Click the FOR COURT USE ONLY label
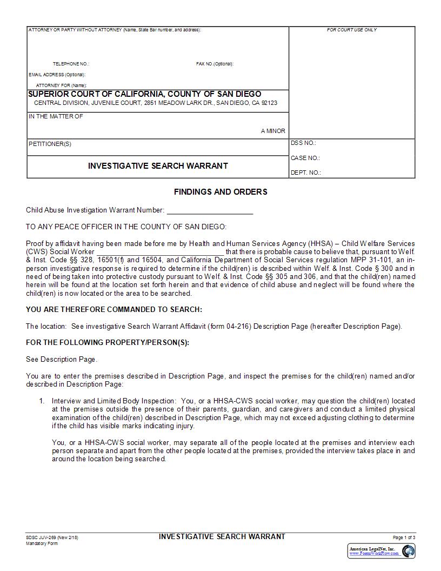tap(352, 30)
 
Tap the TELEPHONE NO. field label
tap(71, 64)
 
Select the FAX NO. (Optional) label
tap(215, 64)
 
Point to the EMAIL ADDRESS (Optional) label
tap(57, 75)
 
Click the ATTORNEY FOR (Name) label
tap(61, 85)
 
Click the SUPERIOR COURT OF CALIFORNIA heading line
tap(144, 94)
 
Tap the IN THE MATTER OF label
tap(56, 117)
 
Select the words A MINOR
tap(273, 131)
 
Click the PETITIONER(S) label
tap(50, 144)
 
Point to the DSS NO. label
tap(303, 143)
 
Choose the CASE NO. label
tap(305, 158)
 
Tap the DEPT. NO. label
tap(305, 172)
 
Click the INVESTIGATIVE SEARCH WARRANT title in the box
tap(158, 166)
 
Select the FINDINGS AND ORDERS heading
tap(220, 192)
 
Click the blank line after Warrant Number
tap(210, 211)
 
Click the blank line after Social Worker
tap(160, 252)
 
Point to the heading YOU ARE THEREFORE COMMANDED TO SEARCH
tap(114, 309)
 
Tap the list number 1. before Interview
tap(41, 401)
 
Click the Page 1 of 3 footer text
tap(404, 537)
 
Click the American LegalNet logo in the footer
tap(382, 551)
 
